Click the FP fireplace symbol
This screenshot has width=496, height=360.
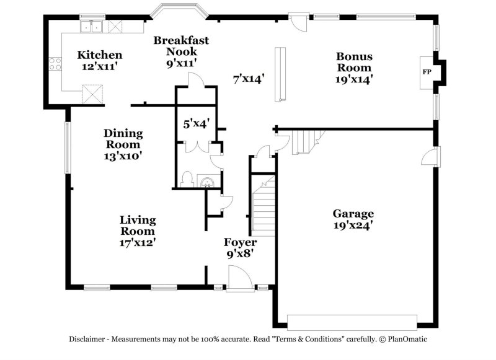tap(427, 72)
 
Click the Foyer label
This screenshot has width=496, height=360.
tap(240, 242)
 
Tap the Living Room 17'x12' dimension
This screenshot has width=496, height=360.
tap(138, 243)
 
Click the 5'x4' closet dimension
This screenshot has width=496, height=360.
tap(196, 124)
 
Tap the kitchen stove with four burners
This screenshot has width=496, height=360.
tap(55, 64)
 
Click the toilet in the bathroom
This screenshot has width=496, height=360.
tap(187, 179)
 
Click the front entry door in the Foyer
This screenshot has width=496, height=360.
tap(239, 278)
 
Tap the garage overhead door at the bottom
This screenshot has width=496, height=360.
tap(351, 322)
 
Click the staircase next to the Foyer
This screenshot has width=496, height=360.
tap(262, 204)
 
